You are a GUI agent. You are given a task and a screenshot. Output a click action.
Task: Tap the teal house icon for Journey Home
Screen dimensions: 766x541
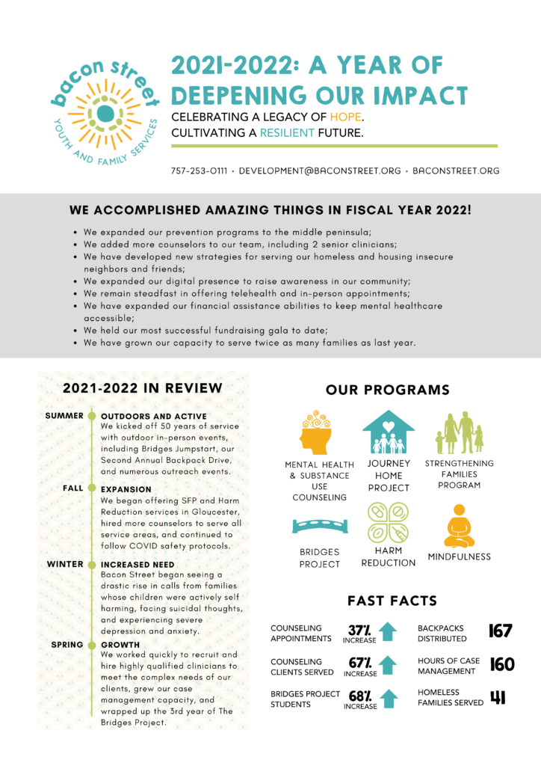pyautogui.click(x=389, y=432)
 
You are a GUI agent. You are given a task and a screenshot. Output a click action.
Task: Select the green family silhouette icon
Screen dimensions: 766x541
pyautogui.click(x=459, y=432)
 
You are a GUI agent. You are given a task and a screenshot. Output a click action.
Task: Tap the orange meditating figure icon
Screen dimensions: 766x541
pyautogui.click(x=459, y=526)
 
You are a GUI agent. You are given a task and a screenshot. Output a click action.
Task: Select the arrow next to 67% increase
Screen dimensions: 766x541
pyautogui.click(x=387, y=665)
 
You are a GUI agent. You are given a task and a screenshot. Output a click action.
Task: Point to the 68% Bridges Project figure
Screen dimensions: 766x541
pyautogui.click(x=360, y=696)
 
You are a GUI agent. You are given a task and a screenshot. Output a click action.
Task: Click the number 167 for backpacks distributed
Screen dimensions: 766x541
pyautogui.click(x=500, y=631)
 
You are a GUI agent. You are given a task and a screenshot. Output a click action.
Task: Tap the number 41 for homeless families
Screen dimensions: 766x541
pyautogui.click(x=498, y=698)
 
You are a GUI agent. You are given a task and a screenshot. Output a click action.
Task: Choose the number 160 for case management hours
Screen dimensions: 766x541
pyautogui.click(x=501, y=664)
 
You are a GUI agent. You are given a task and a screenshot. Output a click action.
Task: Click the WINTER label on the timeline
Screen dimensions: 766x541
pyautogui.click(x=65, y=564)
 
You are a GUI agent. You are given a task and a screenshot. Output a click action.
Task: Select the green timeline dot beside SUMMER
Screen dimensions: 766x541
pyautogui.click(x=91, y=415)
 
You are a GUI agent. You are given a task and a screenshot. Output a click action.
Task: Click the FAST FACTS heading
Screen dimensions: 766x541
pyautogui.click(x=392, y=601)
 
